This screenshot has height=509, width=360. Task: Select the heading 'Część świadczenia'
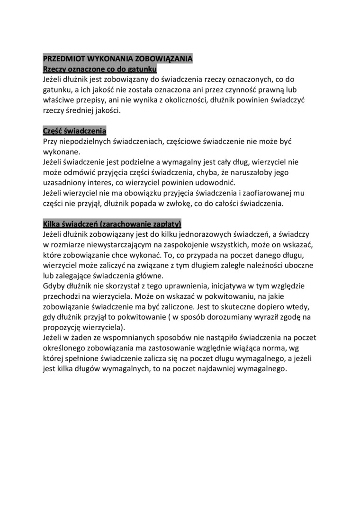(74, 131)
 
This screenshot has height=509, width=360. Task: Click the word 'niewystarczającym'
(110, 245)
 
